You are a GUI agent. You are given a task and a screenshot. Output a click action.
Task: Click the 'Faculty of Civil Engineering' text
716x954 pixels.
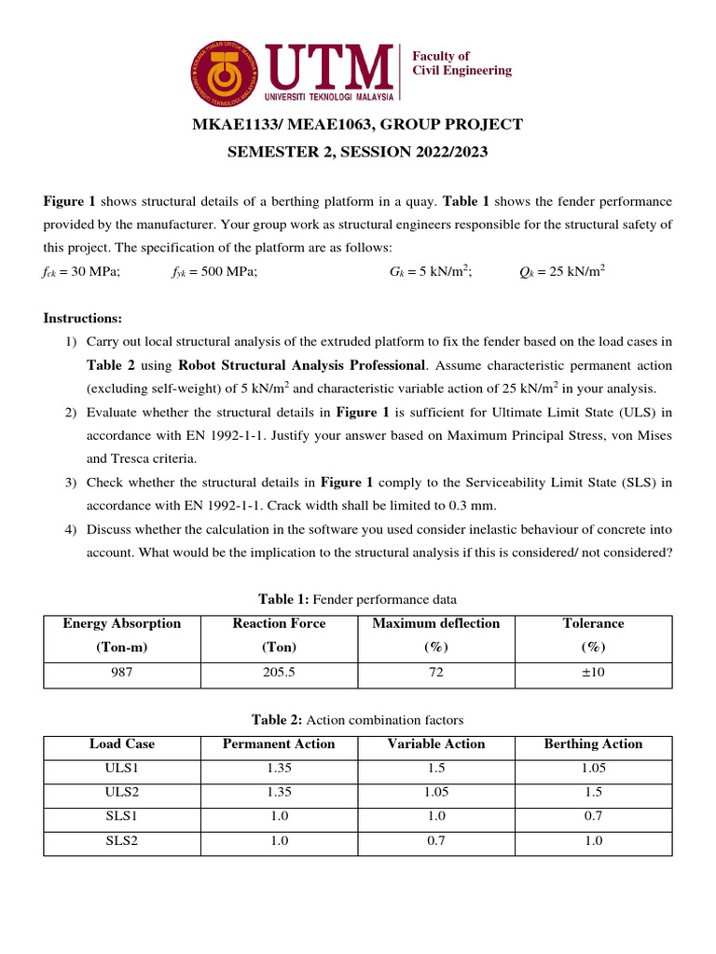(x=461, y=63)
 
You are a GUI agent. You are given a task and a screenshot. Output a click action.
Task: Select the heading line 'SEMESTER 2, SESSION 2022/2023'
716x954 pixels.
(x=357, y=152)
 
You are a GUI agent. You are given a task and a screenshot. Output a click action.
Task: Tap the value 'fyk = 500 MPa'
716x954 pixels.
(x=214, y=271)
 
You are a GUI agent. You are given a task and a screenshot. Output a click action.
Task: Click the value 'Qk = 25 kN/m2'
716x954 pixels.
(x=561, y=271)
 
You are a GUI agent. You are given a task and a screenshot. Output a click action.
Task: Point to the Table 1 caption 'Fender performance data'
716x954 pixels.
(x=357, y=598)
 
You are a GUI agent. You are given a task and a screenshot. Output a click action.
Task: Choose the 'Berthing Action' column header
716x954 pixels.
(x=593, y=743)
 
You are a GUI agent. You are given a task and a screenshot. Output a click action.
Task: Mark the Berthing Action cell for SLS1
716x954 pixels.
(x=593, y=816)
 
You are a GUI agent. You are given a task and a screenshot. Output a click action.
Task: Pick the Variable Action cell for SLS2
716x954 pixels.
(x=435, y=840)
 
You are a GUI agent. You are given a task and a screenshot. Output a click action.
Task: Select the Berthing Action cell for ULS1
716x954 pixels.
(x=593, y=768)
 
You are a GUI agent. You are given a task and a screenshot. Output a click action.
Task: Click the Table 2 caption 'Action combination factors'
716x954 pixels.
(x=357, y=719)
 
